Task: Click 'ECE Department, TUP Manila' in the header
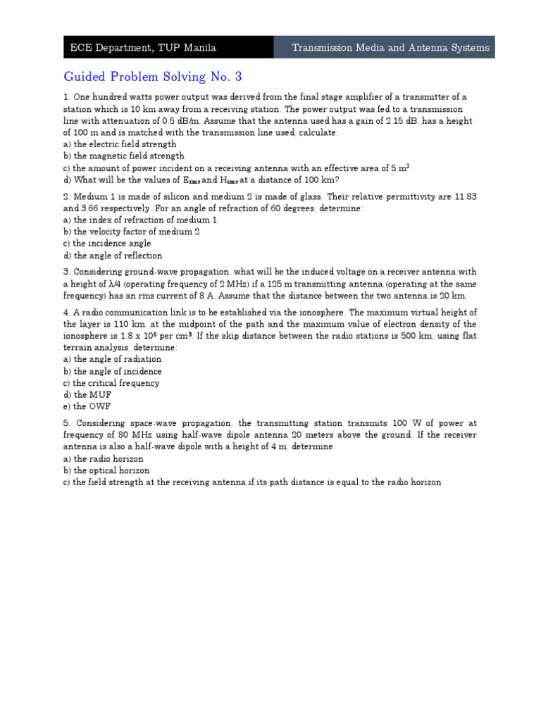(x=143, y=48)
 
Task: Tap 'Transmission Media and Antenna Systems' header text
(x=391, y=48)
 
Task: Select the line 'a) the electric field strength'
(x=120, y=144)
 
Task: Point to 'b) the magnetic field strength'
(x=124, y=156)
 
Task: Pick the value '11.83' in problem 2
(x=463, y=197)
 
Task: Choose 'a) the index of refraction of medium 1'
(x=140, y=220)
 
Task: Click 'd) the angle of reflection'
(x=113, y=256)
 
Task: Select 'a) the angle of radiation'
(x=113, y=359)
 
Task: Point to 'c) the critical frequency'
(x=111, y=383)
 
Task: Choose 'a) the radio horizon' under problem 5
(x=104, y=458)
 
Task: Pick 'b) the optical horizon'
(x=106, y=470)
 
